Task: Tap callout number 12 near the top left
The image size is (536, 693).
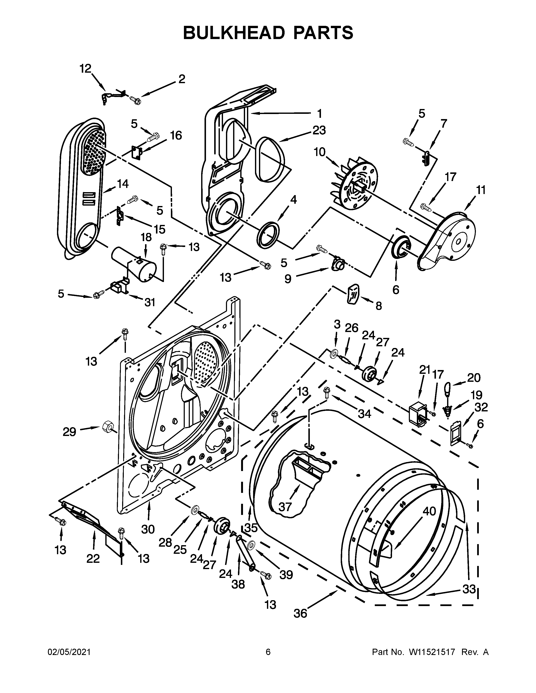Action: (x=85, y=68)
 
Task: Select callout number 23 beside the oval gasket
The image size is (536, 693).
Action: (x=319, y=130)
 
